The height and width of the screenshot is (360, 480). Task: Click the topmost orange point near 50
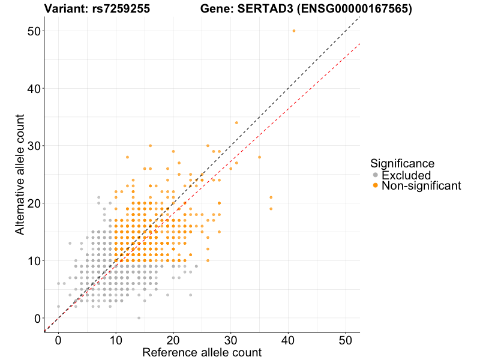point(293,31)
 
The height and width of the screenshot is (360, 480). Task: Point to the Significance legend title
point(402,163)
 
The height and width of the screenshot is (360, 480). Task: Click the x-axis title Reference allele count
point(202,353)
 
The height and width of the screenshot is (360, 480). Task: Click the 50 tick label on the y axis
point(34,31)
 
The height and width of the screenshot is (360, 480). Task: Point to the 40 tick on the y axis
point(34,89)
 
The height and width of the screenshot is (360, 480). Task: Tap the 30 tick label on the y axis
point(34,146)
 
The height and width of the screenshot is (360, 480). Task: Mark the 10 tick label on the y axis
point(34,261)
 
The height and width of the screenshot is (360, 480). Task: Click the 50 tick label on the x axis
point(346,340)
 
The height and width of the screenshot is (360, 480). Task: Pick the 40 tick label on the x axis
point(288,340)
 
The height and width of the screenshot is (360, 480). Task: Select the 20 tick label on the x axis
point(173,340)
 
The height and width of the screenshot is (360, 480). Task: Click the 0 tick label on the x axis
point(58,340)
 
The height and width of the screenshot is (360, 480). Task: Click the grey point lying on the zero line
point(139,318)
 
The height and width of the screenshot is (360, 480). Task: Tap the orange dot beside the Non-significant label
point(375,186)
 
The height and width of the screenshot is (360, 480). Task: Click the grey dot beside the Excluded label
point(375,175)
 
